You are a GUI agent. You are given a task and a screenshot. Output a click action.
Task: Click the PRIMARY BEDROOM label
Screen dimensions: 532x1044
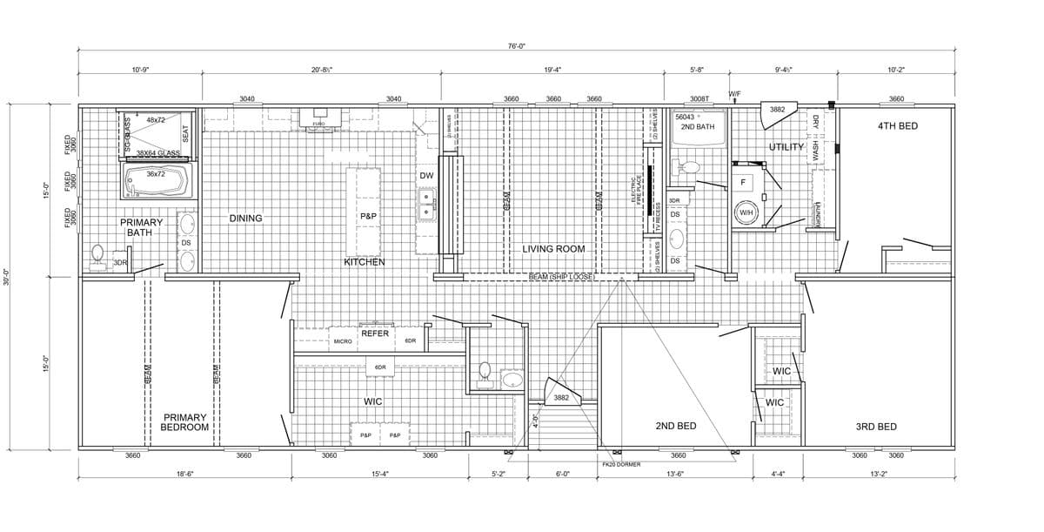(185, 422)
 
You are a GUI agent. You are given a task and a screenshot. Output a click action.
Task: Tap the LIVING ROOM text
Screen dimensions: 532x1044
(553, 249)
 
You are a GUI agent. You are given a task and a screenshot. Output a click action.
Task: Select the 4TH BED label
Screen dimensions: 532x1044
(898, 126)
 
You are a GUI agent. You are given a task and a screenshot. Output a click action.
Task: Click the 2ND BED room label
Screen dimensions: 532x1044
(675, 426)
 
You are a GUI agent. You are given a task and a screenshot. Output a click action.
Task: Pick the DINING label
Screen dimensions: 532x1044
(245, 219)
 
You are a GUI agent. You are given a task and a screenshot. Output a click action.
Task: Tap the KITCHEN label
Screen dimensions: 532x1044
(364, 262)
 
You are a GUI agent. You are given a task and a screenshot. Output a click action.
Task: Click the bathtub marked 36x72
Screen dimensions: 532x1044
(156, 182)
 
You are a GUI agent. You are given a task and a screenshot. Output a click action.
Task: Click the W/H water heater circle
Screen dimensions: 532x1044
(746, 212)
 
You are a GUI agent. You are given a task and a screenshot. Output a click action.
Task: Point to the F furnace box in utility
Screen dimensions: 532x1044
(742, 183)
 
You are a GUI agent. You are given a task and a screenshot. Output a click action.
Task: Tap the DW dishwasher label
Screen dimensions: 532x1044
(425, 176)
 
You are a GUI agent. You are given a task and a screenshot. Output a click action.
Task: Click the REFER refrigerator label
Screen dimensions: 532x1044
(375, 333)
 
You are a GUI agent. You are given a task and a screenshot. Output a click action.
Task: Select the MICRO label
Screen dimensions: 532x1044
(342, 341)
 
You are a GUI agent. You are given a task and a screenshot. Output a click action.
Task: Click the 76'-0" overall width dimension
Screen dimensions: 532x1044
(516, 45)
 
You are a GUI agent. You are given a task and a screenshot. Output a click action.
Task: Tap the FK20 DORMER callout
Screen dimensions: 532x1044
(620, 464)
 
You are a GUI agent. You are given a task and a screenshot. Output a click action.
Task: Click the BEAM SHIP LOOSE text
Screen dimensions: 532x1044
(561, 277)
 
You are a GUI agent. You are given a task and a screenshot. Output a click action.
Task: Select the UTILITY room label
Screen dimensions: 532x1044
(786, 147)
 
